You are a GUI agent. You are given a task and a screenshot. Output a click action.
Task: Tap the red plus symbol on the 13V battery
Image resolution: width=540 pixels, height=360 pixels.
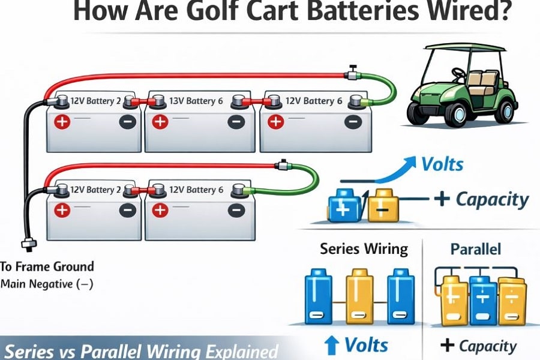(x=159, y=123)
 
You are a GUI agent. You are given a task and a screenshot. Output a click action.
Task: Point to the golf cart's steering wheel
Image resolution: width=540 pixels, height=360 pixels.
(x=458, y=74)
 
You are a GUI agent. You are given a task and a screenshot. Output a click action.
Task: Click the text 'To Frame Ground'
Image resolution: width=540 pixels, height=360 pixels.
(x=47, y=266)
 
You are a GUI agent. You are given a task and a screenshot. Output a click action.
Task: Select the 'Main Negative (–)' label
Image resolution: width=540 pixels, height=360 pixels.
(x=47, y=284)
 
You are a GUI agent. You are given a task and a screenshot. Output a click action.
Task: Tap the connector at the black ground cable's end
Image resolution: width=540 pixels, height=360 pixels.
(x=26, y=245)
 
